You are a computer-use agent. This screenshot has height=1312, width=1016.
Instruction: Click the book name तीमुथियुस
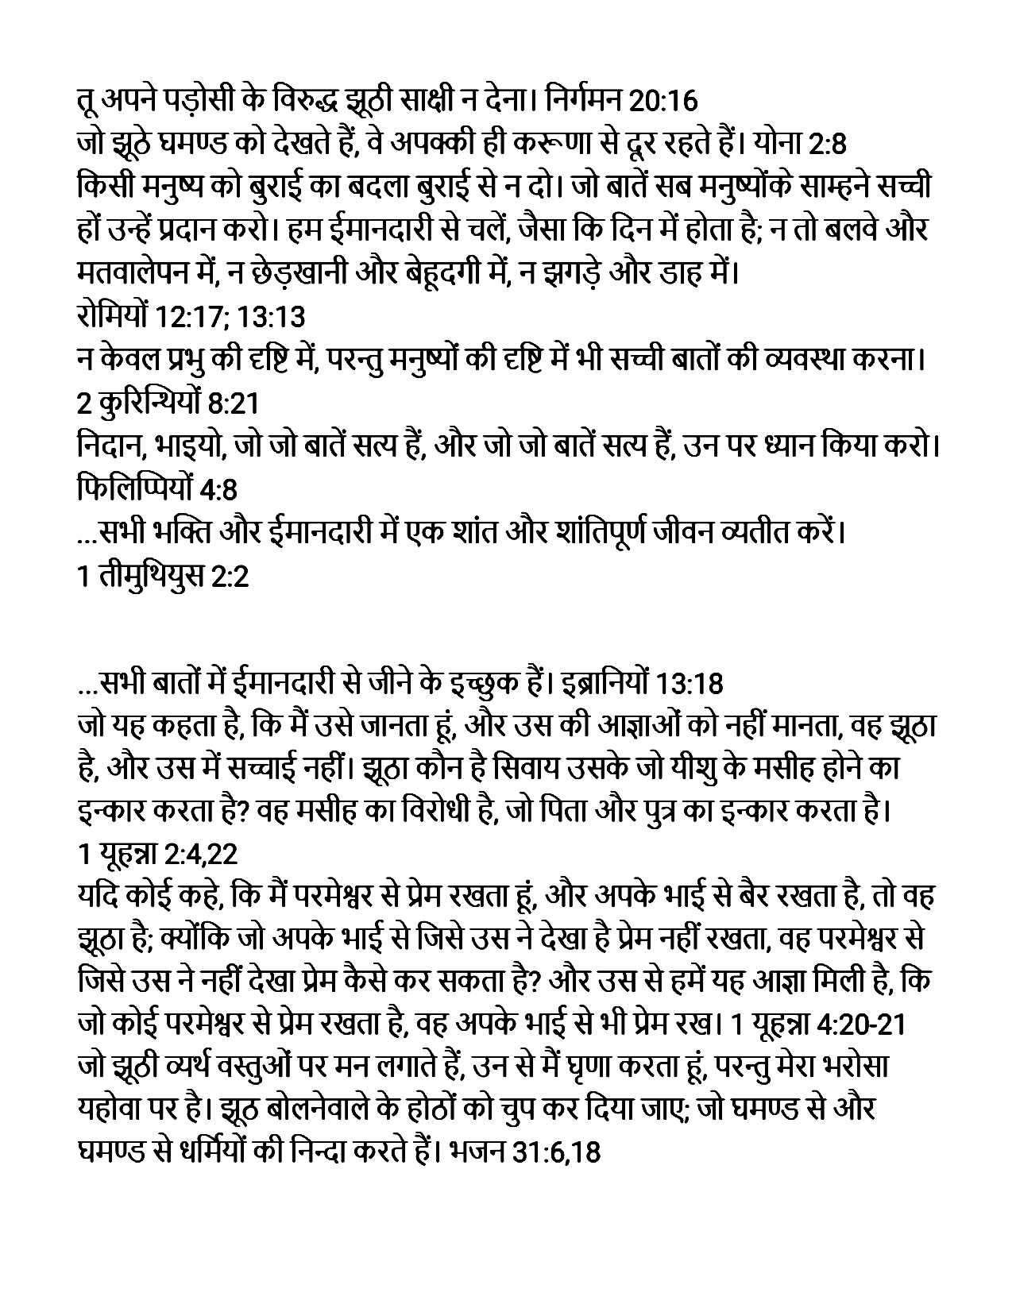pyautogui.click(x=150, y=576)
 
